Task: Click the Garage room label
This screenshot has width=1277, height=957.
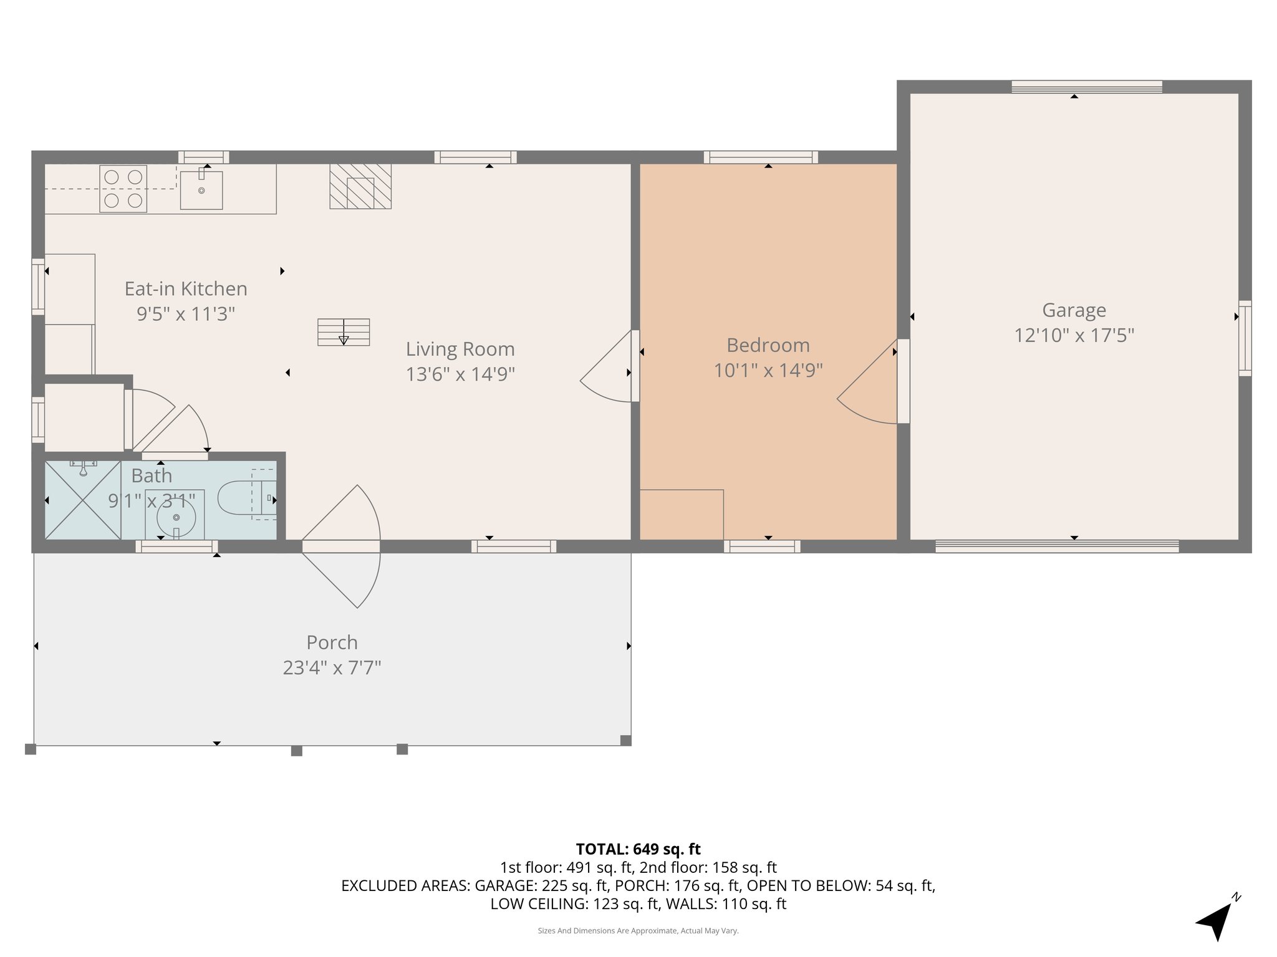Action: pos(1074,310)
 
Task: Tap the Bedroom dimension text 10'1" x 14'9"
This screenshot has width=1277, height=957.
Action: pos(768,371)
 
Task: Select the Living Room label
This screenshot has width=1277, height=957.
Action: pos(460,349)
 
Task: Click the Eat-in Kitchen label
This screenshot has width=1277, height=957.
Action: pos(186,288)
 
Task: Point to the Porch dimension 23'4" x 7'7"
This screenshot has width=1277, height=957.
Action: pos(332,668)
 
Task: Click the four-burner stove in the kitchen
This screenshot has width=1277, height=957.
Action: pos(123,189)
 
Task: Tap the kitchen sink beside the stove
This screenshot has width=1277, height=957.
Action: pos(201,189)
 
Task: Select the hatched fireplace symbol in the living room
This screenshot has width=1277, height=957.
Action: pos(360,186)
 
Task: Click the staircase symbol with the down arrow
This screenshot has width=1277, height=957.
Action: pos(344,332)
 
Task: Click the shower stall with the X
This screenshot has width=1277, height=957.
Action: pos(83,500)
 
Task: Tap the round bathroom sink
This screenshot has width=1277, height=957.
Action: pos(176,517)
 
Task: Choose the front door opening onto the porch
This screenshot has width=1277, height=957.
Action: pos(342,546)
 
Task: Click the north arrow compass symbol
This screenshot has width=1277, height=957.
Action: pos(1216,921)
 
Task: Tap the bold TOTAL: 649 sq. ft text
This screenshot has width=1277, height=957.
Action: pos(638,849)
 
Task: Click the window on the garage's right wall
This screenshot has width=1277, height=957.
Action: pos(1245,338)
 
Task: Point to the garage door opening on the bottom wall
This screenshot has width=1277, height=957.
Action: pos(1057,546)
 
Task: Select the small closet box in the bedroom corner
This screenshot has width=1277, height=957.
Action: pos(682,515)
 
